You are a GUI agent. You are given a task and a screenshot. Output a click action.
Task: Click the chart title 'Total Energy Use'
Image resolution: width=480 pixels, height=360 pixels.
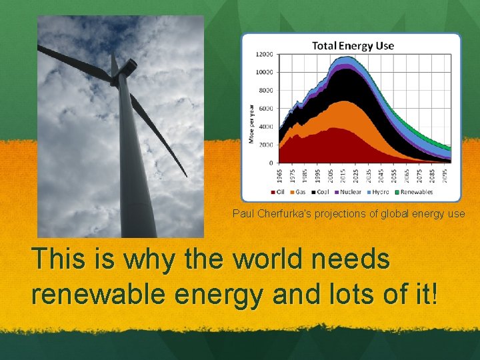[353, 46]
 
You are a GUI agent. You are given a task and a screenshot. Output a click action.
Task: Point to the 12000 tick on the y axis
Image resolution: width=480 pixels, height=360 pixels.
[265, 54]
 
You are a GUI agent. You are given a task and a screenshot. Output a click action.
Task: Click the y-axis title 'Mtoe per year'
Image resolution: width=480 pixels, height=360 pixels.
[251, 123]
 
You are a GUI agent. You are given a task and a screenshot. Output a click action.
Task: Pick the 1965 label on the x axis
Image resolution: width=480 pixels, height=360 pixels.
[279, 176]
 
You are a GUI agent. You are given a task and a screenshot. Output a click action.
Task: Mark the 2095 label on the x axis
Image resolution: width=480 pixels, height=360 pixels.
[445, 176]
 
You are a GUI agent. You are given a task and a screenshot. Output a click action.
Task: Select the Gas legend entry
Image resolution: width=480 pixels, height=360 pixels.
[298, 192]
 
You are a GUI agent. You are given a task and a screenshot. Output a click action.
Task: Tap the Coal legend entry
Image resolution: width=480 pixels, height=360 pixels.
[320, 192]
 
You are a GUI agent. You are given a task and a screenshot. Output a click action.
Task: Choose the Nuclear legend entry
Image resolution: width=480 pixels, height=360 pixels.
[347, 192]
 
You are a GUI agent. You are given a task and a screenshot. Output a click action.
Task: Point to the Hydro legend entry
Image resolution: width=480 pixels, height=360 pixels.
[378, 192]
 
